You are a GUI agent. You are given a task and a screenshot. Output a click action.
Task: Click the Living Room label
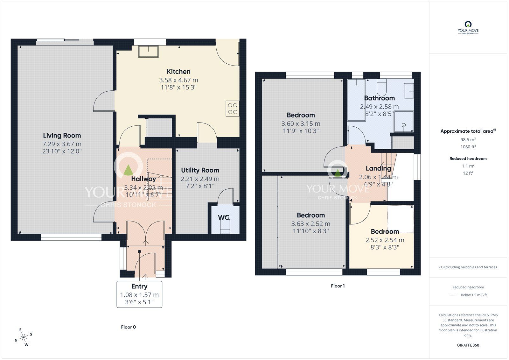[x=62, y=136]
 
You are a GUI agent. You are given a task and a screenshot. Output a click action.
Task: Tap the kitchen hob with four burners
[x=233, y=109]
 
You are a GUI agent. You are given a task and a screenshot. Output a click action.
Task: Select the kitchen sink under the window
[x=149, y=52]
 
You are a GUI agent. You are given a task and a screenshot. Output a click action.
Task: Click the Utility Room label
[x=200, y=170]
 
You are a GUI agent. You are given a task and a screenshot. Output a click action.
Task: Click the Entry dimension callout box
[x=139, y=294]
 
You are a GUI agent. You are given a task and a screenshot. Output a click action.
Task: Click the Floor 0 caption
[x=128, y=327]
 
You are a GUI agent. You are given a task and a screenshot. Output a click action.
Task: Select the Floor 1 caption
[x=338, y=286]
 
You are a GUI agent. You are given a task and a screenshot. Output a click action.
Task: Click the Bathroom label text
[x=379, y=98]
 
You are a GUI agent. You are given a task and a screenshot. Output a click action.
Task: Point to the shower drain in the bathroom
[x=404, y=125]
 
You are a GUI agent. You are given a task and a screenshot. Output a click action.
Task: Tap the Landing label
[x=378, y=168]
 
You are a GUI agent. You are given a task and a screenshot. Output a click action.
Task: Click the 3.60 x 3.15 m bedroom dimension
[x=301, y=124]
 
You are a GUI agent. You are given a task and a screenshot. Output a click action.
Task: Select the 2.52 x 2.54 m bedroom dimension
[x=385, y=240]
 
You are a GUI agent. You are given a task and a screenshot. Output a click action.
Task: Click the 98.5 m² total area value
[x=468, y=139]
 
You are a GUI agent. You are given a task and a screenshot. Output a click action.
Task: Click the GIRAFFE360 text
[x=468, y=345]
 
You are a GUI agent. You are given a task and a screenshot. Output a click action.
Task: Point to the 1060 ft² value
[x=468, y=147]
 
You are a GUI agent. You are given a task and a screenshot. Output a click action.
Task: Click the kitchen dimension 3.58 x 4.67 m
[x=178, y=80]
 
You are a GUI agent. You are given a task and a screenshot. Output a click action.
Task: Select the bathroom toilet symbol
[x=381, y=86]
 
